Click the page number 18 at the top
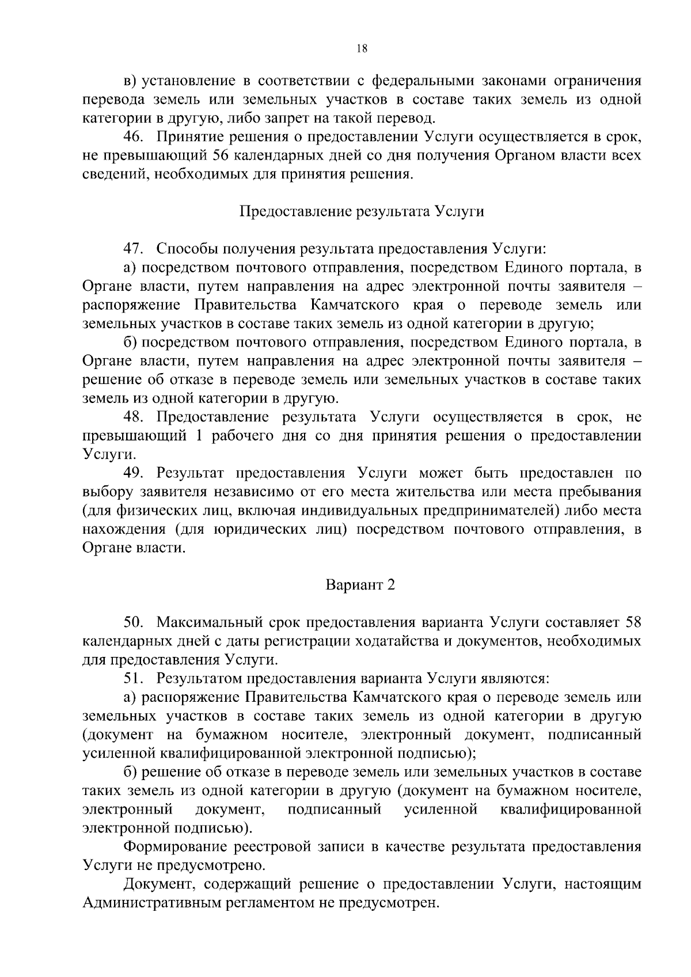362,49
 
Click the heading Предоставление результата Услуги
362,211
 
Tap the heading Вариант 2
361,585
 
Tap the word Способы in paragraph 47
184,249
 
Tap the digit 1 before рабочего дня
199,436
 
